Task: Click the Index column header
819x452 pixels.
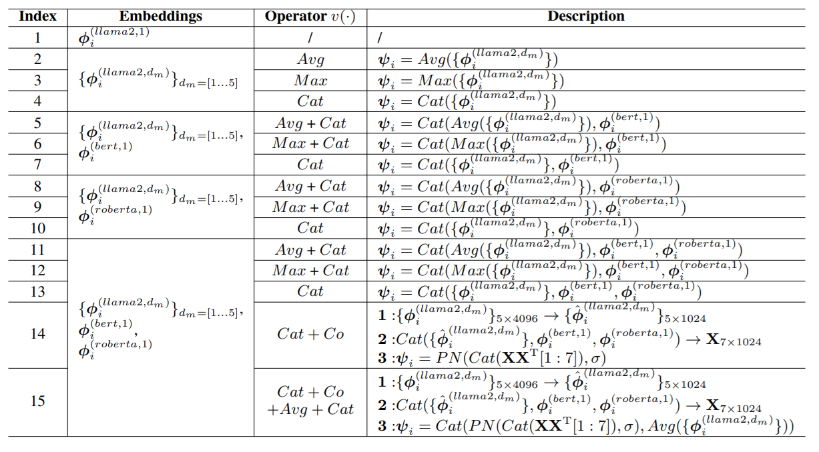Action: pos(37,17)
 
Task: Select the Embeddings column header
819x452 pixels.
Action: pos(160,17)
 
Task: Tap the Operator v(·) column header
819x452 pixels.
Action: pos(310,17)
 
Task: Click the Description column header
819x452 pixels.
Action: pos(586,17)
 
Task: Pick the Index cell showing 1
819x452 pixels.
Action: pos(37,37)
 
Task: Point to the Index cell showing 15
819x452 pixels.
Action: pos(37,401)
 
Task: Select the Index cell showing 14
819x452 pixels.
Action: pos(37,333)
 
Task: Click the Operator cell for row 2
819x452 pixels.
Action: pos(310,59)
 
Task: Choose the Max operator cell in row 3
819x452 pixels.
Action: pos(310,81)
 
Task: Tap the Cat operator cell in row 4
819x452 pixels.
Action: pos(310,101)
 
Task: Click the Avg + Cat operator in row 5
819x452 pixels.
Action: pos(310,123)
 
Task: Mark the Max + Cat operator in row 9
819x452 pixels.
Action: pos(310,207)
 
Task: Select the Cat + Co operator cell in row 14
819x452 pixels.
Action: pos(310,333)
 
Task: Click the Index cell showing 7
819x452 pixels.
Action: pos(37,165)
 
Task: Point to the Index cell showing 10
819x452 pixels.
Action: pos(37,228)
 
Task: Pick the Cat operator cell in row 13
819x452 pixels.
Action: pos(310,291)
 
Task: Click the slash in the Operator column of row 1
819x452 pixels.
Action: pos(310,38)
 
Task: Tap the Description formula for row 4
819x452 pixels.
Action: pos(467,101)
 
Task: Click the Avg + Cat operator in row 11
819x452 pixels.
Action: pos(310,250)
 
